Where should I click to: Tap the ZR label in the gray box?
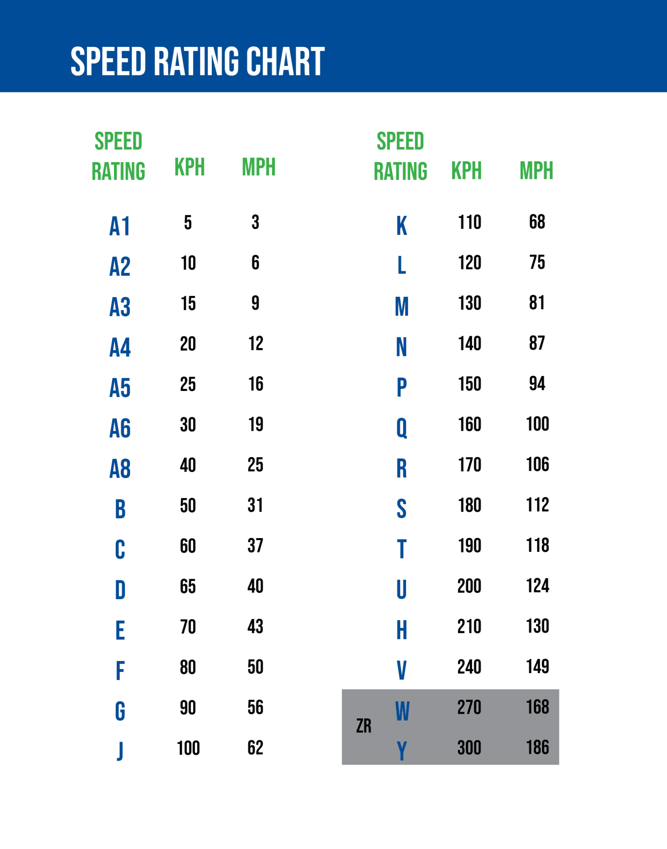tap(364, 726)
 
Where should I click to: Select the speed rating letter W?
tap(402, 711)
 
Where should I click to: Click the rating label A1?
tap(120, 226)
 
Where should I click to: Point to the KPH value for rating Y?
tap(469, 748)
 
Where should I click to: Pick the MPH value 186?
tap(538, 747)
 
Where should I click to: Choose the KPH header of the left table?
tap(190, 167)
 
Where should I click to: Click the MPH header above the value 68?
tap(536, 170)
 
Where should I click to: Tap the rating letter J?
tap(120, 751)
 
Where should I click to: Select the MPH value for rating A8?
tap(256, 465)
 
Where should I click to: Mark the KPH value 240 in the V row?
tap(469, 667)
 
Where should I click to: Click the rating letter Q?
tap(402, 428)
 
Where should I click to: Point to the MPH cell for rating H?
tap(538, 626)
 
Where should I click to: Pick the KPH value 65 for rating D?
tap(188, 587)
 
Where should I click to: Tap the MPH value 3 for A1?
tap(255, 222)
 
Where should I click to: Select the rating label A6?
tap(120, 428)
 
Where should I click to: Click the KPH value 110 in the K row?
tap(470, 222)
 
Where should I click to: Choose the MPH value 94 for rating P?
tap(537, 383)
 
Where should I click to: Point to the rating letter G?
tap(120, 711)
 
